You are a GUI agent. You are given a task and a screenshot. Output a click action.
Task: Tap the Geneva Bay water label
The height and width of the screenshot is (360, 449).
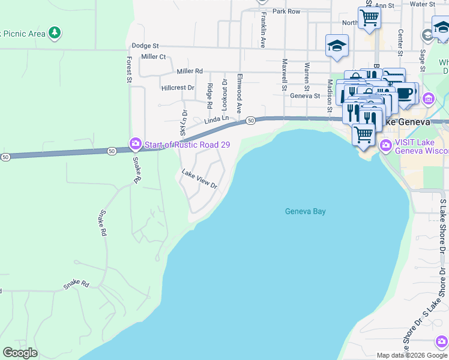pos(305,211)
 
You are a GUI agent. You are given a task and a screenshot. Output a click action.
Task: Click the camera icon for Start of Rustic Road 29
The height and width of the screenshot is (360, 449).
pos(135,143)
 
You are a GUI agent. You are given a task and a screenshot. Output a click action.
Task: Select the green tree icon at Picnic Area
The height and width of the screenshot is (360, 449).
pos(55,32)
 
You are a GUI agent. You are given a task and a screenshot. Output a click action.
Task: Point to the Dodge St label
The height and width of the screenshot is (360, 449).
pos(145,46)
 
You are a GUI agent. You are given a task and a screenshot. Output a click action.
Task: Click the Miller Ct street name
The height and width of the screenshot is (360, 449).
pos(153,57)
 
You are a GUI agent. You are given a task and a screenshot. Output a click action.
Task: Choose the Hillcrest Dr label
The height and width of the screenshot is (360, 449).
pos(178,88)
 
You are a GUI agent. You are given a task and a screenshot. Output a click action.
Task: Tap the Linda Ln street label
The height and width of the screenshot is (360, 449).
pos(217,121)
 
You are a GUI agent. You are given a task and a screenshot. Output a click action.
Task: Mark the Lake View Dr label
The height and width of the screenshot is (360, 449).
pos(199,179)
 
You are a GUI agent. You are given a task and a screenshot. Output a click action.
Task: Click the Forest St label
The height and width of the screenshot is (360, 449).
pos(129,69)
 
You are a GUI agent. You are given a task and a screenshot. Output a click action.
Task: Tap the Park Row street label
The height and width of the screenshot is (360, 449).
pos(286,11)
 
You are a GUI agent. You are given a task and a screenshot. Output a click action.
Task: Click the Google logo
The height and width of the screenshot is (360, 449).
pos(20,353)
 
